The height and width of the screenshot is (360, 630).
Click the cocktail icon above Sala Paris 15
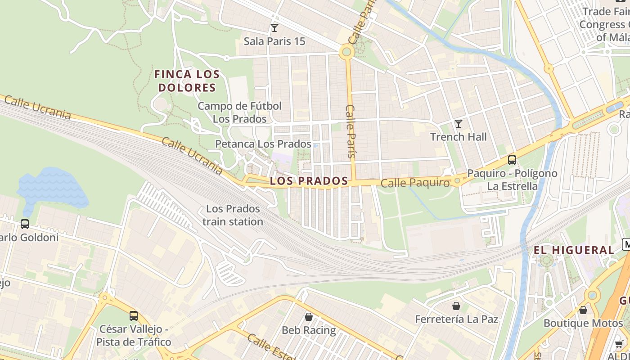point(274,28)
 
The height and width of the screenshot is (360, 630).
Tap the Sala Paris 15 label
point(274,41)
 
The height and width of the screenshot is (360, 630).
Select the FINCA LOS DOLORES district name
point(187,81)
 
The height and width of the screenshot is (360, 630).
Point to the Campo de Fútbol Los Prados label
point(239,112)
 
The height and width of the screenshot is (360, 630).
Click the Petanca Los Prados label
point(263,144)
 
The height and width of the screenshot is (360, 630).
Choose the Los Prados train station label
point(233,215)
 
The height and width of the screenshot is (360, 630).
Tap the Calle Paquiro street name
point(415,183)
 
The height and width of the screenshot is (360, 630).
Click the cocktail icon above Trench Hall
point(458,124)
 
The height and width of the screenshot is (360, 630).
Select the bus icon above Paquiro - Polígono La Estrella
point(512,160)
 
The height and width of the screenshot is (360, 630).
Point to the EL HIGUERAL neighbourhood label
point(574,250)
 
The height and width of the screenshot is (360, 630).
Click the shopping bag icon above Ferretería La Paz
point(456,306)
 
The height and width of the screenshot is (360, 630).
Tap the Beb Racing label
point(309,330)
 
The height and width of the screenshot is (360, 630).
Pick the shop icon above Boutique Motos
point(583,310)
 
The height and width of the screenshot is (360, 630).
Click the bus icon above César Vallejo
point(133,316)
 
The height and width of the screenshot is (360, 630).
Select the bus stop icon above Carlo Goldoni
point(25,224)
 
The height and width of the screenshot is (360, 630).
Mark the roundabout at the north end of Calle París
point(346,52)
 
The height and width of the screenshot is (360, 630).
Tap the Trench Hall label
point(458,137)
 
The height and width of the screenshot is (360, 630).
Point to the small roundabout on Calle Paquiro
point(457,180)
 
